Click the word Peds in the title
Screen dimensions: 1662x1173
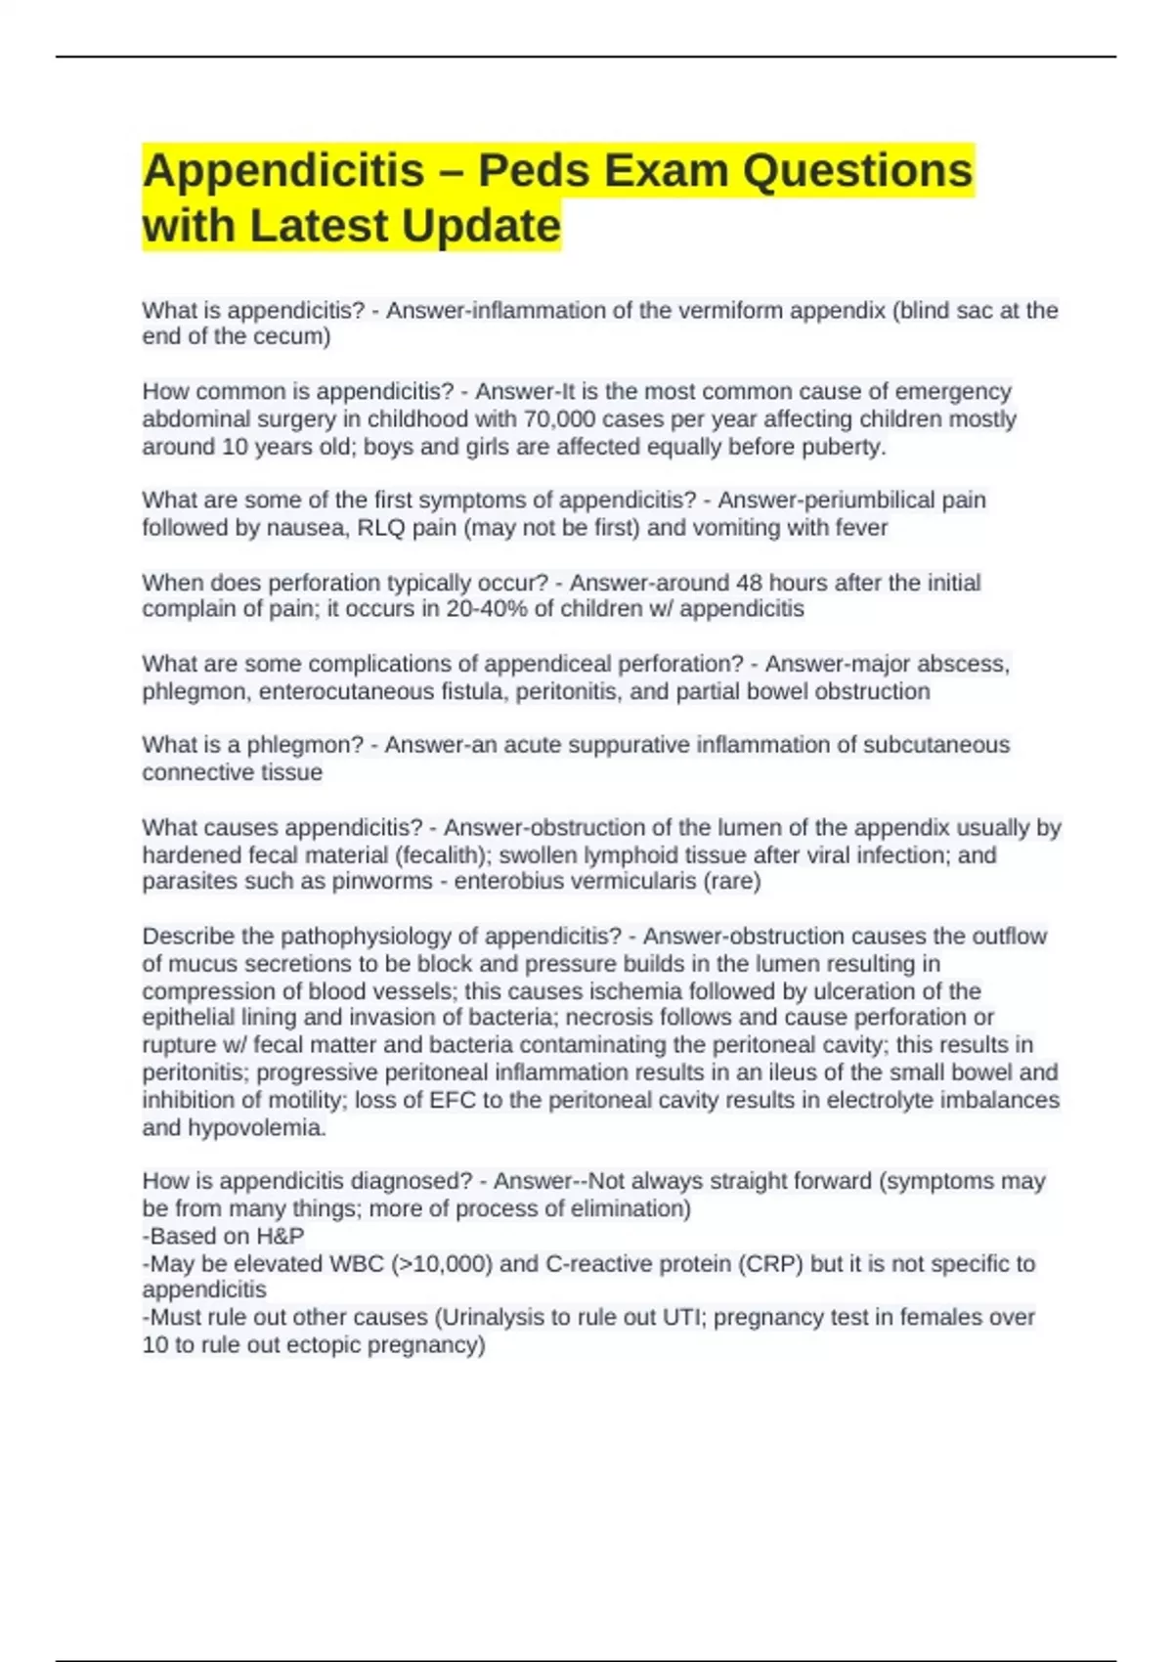click(x=530, y=171)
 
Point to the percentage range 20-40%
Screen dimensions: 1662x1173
click(x=483, y=609)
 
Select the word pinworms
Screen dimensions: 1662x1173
click(x=382, y=882)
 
